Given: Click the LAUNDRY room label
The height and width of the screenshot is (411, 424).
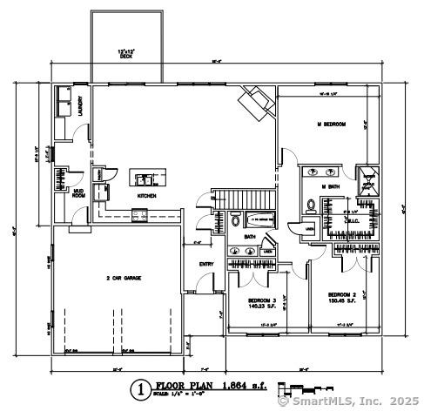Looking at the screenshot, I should (81, 106).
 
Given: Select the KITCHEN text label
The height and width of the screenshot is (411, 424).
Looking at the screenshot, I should (145, 196).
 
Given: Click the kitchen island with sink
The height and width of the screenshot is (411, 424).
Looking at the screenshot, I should (145, 179).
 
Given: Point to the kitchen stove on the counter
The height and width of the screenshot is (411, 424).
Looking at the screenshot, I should (138, 214).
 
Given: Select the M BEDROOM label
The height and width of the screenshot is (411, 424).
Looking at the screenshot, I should (330, 125).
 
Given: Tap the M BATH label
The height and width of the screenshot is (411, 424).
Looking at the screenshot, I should (329, 186).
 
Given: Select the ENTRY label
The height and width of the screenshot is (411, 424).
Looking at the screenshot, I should (205, 264).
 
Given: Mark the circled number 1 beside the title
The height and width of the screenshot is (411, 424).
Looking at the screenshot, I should (138, 388).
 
